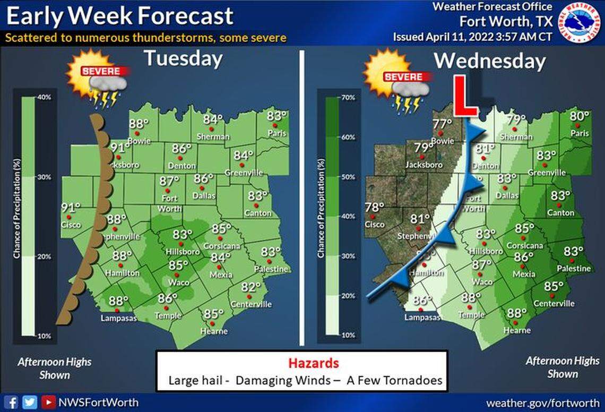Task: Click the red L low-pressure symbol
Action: (467, 96)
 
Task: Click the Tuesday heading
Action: (183, 58)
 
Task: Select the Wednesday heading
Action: (489, 61)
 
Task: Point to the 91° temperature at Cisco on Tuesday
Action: (71, 208)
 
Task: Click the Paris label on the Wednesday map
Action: (580, 134)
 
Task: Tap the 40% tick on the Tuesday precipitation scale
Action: (44, 98)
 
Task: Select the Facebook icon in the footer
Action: (13, 402)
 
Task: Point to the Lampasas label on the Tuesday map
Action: (119, 319)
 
